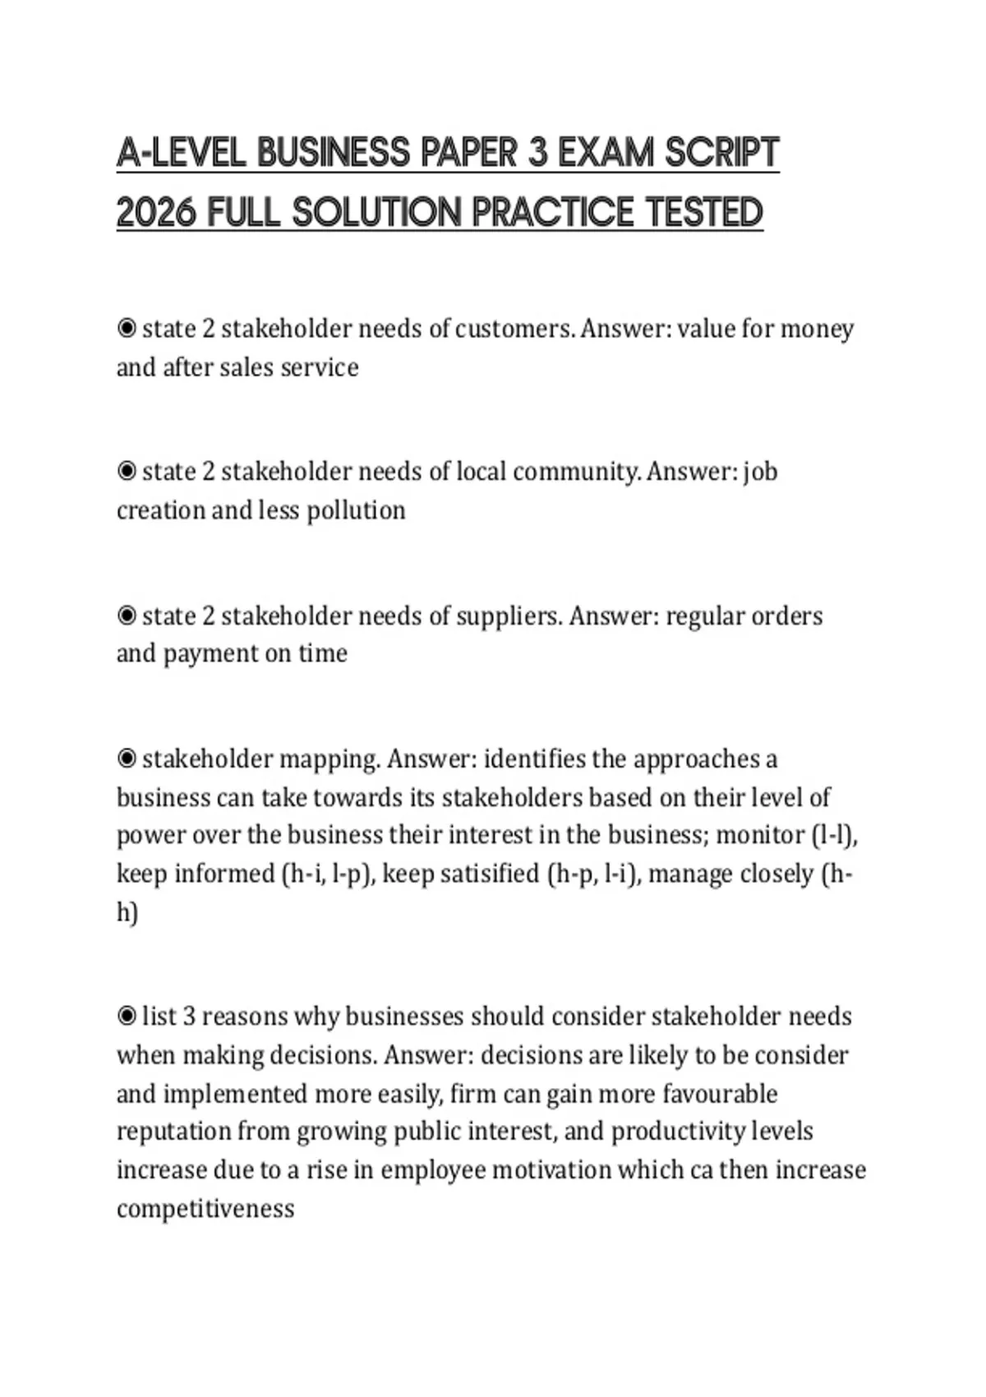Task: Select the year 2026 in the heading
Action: [x=156, y=213]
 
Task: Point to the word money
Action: [x=817, y=329]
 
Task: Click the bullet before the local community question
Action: [x=127, y=472]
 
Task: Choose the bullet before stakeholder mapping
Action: [x=127, y=758]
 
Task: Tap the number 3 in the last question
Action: [x=189, y=1017]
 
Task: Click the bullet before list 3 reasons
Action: [x=127, y=1017]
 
